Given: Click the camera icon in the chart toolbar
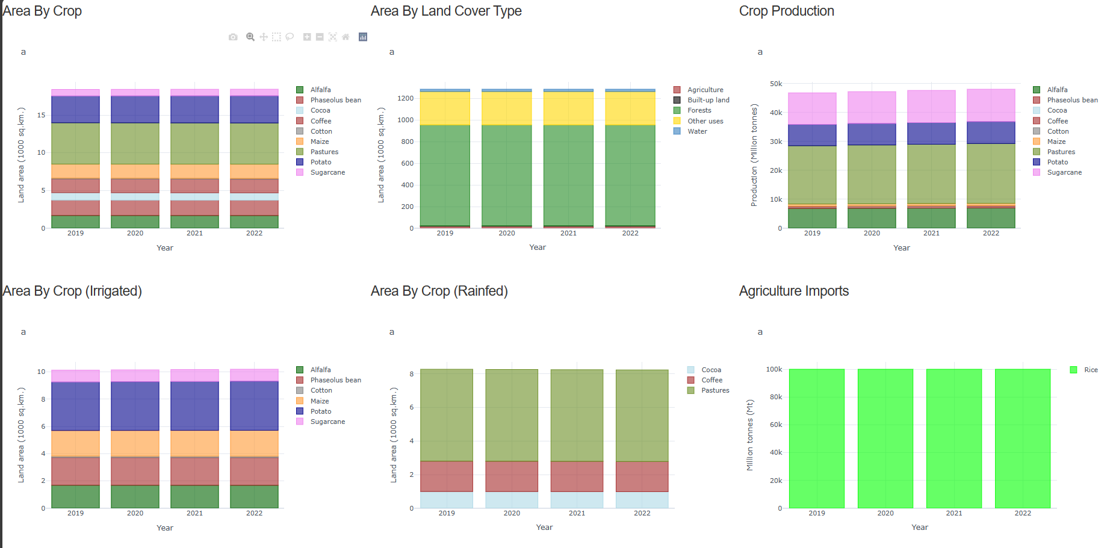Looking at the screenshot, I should click(x=233, y=37).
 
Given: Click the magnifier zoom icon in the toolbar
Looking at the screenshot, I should click(x=250, y=37).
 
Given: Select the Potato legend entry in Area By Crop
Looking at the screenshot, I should click(x=320, y=162).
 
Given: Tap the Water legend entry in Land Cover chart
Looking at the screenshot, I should click(x=697, y=131).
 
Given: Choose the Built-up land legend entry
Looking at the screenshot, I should click(x=708, y=100).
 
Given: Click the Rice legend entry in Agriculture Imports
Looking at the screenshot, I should click(x=1090, y=370).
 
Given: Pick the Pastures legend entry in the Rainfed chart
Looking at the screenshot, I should click(x=715, y=390).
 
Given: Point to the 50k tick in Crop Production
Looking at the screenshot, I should click(x=775, y=84).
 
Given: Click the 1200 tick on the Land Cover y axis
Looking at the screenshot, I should click(x=405, y=98).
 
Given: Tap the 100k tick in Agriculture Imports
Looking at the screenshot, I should click(x=773, y=369).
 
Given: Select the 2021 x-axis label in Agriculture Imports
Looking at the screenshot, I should click(x=953, y=513).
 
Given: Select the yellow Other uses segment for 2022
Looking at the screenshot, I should click(x=630, y=108).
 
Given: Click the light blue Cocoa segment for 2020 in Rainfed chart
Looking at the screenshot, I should click(x=512, y=500).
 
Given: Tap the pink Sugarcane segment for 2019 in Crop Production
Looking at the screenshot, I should click(x=812, y=108).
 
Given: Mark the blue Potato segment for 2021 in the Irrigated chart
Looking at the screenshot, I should click(x=194, y=406).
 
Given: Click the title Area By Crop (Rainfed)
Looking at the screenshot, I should click(x=439, y=291).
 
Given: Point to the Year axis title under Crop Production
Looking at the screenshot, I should click(x=901, y=248).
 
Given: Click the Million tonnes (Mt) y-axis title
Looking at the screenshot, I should click(x=750, y=435).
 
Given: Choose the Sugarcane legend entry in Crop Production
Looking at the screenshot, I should click(x=1064, y=172).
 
